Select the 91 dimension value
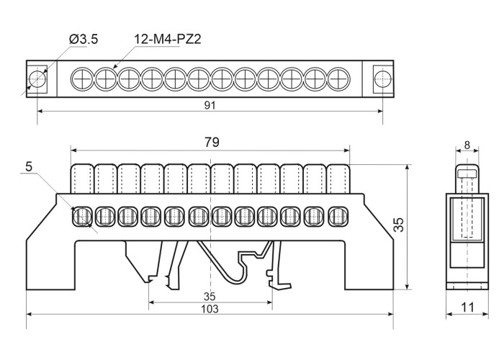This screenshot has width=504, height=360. tap(210, 104)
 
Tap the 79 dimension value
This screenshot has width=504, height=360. tap(210, 142)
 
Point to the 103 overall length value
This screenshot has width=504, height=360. tap(209, 308)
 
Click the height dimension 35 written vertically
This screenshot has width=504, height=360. tap(400, 225)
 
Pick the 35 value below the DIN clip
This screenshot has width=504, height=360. tap(209, 296)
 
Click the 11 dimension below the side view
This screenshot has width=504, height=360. tap(468, 307)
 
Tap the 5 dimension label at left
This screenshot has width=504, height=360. tap(29, 166)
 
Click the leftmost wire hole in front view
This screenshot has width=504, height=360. tap(81, 215)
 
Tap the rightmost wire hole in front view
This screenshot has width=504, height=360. tap(337, 215)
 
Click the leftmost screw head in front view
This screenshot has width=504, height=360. tap(81, 178)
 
